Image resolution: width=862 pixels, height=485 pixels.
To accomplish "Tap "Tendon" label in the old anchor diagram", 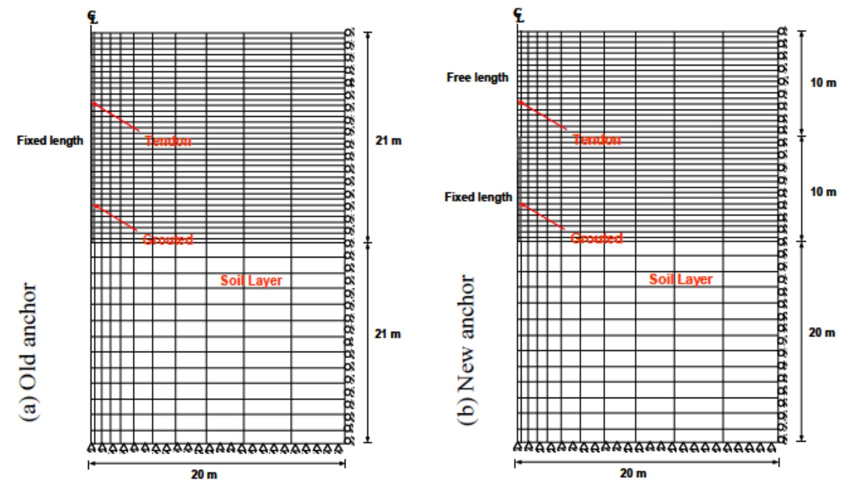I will [168, 141].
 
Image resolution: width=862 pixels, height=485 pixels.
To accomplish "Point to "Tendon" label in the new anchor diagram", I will [597, 140].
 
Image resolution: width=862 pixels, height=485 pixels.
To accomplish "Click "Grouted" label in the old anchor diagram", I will [168, 240].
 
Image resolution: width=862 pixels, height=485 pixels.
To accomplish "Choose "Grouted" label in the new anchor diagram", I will [597, 238].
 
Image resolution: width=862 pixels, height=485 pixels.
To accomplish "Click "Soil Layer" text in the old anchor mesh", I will [251, 280].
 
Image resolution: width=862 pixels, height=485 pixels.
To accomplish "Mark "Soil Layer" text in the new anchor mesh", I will [681, 279].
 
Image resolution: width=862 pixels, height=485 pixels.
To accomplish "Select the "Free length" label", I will [477, 77].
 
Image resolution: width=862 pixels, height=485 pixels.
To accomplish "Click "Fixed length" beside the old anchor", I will [50, 140].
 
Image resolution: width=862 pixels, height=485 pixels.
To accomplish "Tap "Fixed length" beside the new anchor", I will [478, 197].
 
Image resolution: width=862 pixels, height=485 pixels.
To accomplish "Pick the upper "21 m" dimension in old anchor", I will [388, 141].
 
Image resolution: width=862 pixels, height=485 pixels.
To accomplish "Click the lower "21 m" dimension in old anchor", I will [387, 334].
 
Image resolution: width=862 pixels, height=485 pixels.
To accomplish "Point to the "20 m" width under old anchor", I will [204, 475].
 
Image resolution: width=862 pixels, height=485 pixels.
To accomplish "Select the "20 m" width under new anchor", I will [633, 473].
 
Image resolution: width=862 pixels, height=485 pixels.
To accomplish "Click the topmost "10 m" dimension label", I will [823, 83].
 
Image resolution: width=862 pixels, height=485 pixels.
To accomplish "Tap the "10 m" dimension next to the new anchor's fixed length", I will [823, 192].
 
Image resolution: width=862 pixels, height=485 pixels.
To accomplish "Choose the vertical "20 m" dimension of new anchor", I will [822, 333].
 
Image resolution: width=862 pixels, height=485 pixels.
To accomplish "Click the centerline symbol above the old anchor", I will [93, 17].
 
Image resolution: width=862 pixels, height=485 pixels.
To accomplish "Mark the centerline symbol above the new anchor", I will [519, 15].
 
